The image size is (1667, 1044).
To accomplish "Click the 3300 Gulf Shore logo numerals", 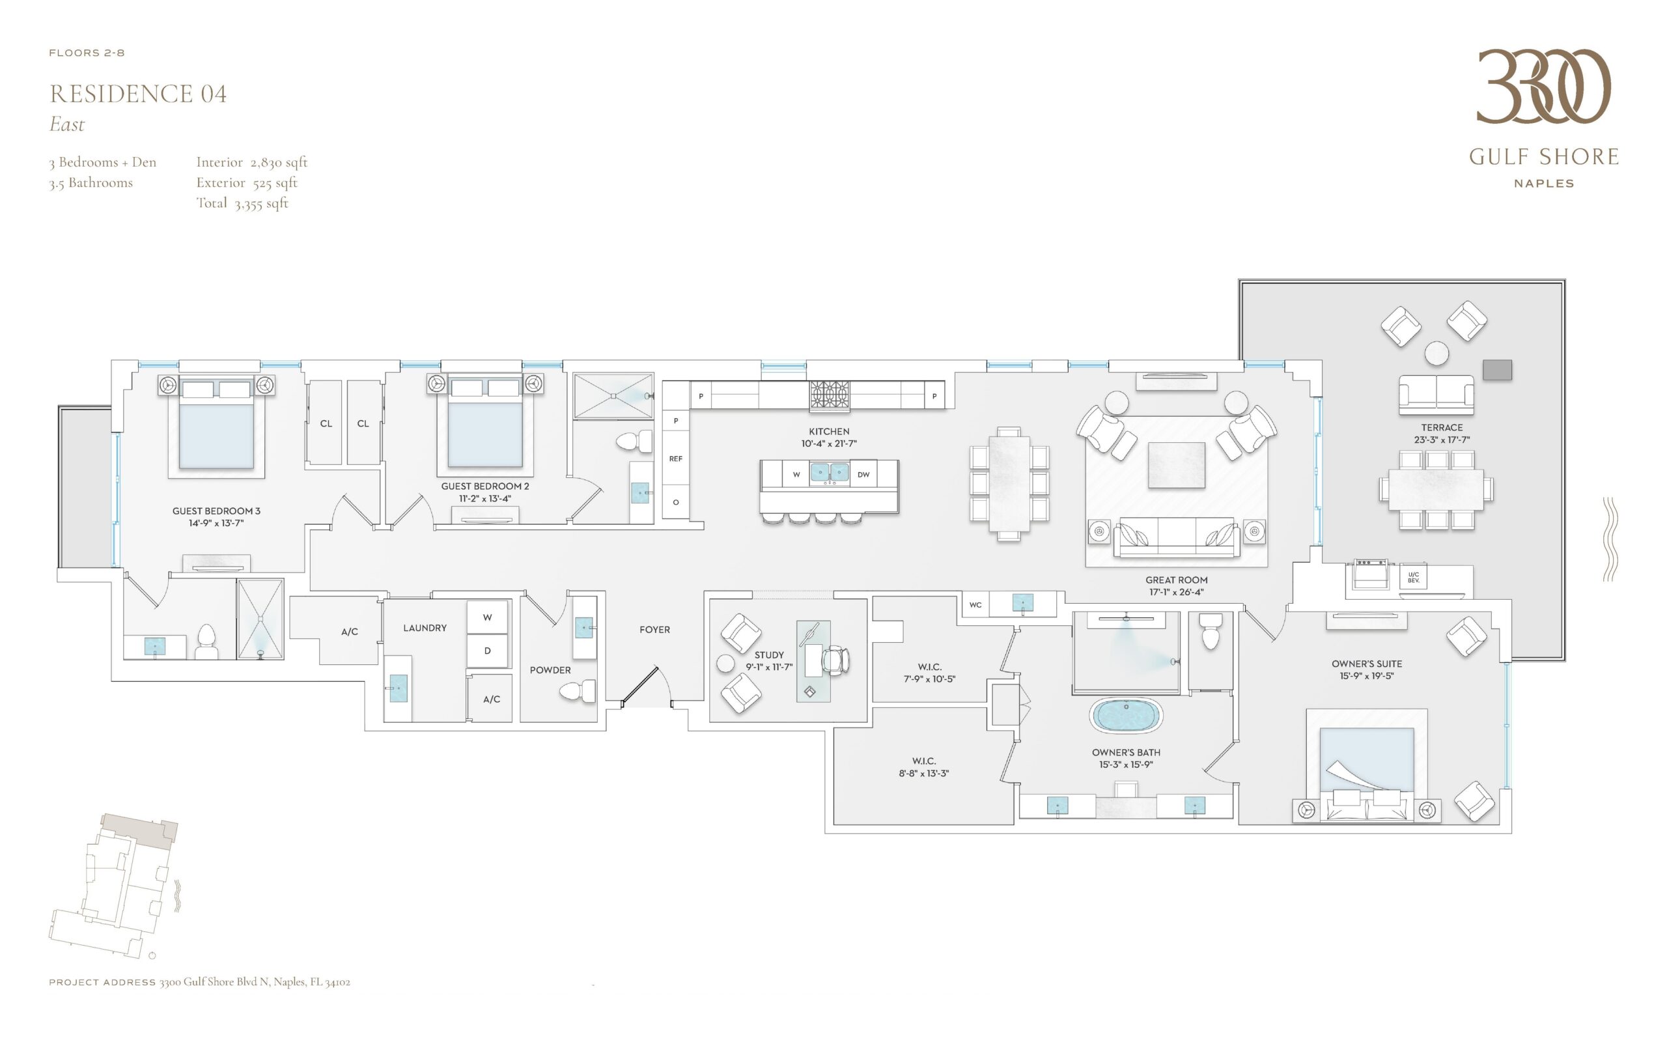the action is click(1543, 87).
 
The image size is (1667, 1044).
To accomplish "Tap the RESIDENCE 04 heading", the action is click(138, 94).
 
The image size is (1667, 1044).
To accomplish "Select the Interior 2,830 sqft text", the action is click(252, 162).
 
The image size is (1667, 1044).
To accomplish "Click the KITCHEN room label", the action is click(829, 432).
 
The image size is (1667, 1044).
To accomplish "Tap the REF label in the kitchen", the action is click(676, 459).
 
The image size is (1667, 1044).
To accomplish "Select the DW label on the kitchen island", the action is click(863, 474).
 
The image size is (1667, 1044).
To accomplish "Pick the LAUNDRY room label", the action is click(425, 628).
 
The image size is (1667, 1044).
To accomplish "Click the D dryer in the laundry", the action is click(487, 651).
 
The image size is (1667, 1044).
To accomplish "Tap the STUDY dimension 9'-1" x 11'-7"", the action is click(769, 667).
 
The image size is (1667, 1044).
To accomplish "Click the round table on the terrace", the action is click(1437, 354).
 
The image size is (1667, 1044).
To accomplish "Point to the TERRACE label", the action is click(1442, 427).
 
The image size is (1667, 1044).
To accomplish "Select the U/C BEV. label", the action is click(1414, 577).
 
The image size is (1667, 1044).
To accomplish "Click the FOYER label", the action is click(654, 630).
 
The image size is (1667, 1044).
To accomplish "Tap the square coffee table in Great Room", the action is click(1177, 466).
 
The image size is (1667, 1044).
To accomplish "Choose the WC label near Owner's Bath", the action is click(975, 605).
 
